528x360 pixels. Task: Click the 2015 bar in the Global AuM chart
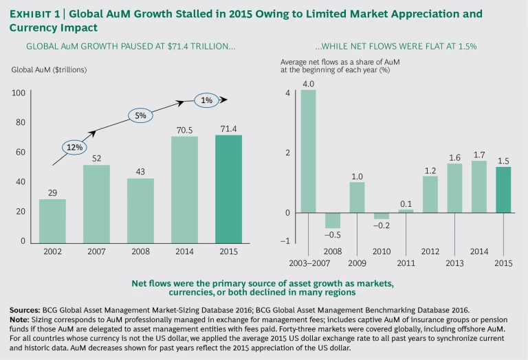pos(228,188)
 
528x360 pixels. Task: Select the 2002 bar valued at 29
pos(52,221)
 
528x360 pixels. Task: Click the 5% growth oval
pos(140,115)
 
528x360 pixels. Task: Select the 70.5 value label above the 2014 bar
pos(184,128)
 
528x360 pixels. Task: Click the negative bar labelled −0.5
pos(332,220)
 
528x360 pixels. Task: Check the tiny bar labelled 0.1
pos(406,211)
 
